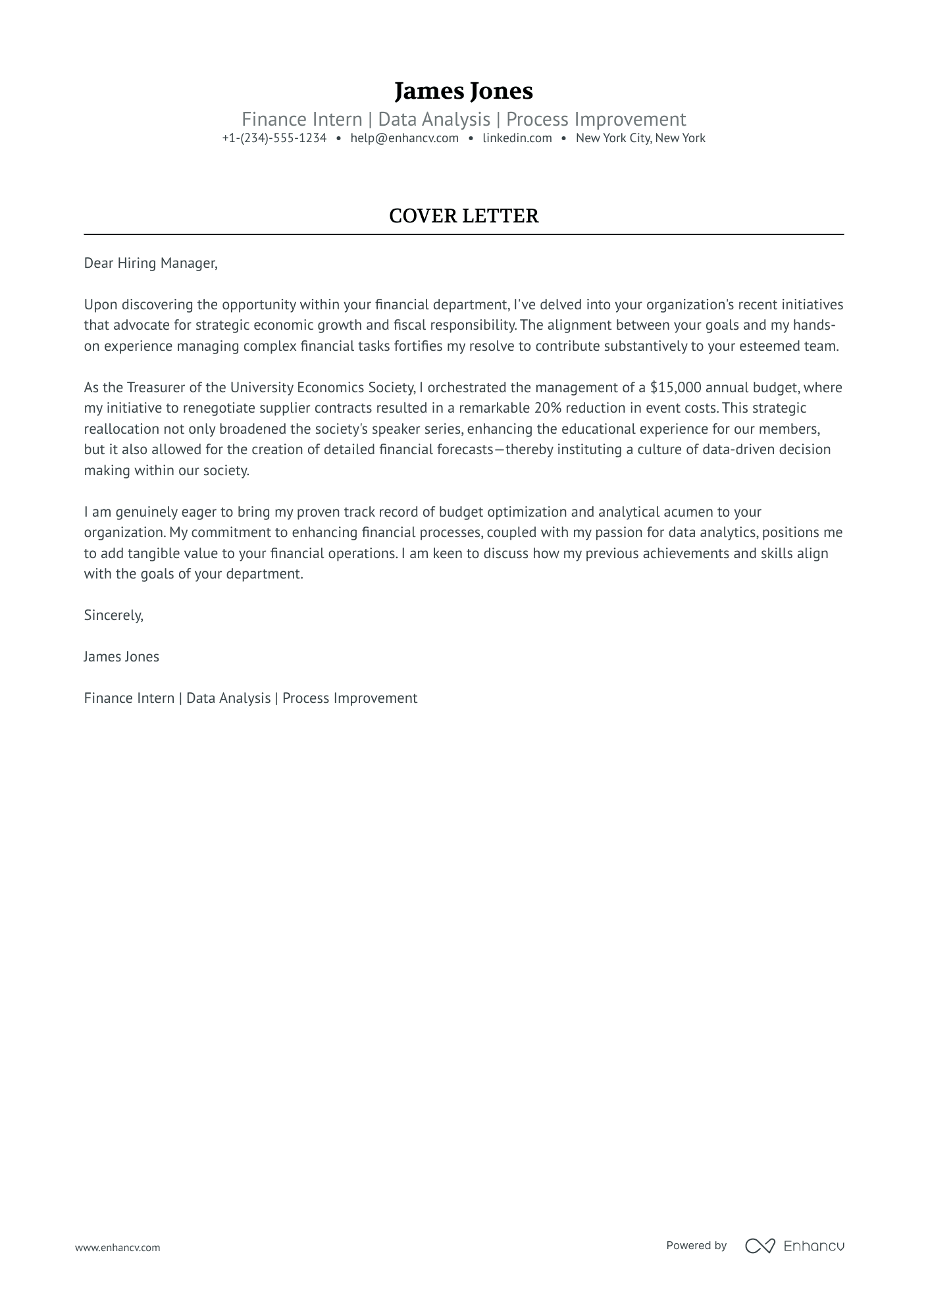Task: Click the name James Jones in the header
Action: tap(463, 91)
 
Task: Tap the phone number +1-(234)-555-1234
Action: tap(274, 138)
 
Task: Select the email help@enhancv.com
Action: tap(404, 138)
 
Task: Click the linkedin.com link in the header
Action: tap(517, 138)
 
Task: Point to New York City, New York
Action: tap(640, 138)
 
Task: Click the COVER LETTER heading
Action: tap(463, 216)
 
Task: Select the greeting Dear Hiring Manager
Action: tap(150, 263)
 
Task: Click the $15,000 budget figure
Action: tap(675, 388)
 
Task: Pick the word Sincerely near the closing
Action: tap(113, 615)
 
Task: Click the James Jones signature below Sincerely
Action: tap(121, 657)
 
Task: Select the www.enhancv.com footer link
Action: tap(117, 1247)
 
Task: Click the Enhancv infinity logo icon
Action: tap(760, 1245)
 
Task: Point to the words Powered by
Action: tap(696, 1245)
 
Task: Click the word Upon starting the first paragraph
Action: tap(101, 305)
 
